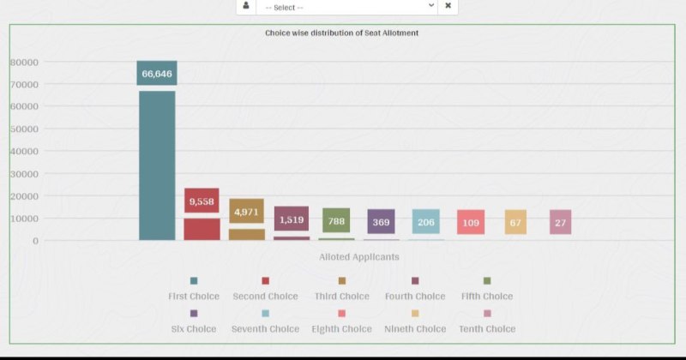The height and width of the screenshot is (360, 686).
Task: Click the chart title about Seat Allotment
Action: point(341,33)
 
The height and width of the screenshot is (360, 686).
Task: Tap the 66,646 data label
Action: point(157,74)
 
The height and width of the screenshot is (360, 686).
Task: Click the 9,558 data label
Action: point(202,201)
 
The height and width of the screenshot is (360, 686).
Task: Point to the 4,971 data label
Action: point(246,212)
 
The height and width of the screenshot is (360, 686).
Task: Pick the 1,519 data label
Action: point(292,219)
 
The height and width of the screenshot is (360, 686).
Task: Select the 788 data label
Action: point(336,221)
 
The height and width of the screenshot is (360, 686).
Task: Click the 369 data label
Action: point(381,222)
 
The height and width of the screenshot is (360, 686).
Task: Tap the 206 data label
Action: point(426,222)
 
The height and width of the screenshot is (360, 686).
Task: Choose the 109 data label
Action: point(471,222)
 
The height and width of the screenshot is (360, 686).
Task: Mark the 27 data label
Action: point(560,222)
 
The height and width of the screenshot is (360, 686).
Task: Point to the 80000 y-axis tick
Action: point(24,62)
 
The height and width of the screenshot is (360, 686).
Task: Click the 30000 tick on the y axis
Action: point(24,174)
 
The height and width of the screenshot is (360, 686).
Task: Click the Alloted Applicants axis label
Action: point(358,256)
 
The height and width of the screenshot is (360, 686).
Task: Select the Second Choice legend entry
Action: point(265,296)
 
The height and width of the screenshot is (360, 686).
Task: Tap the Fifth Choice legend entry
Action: point(486,296)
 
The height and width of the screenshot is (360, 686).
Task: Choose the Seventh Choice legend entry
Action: point(265,328)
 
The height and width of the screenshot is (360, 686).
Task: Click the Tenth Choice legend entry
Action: point(487,328)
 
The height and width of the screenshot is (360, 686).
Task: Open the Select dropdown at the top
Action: point(347,7)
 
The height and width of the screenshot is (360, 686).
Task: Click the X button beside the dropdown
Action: point(448,6)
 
